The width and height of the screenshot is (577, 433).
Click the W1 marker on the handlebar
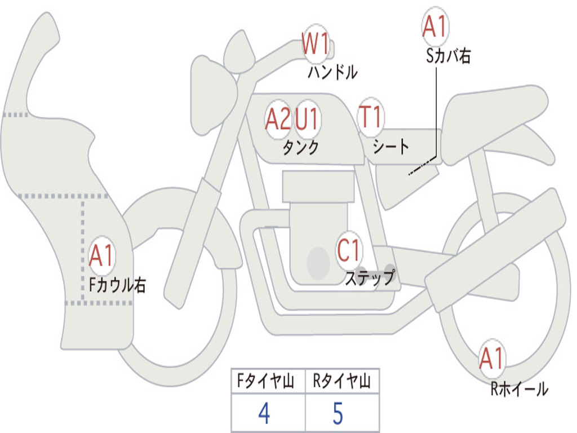(x=316, y=44)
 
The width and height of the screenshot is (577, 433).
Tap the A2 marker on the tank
(x=278, y=120)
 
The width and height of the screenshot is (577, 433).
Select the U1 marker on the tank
(x=307, y=119)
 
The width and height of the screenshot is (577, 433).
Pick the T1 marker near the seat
(x=371, y=117)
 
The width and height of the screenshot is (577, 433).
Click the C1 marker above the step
(x=349, y=250)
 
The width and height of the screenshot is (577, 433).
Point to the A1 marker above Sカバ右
(x=436, y=26)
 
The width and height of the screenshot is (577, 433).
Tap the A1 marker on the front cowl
(x=101, y=255)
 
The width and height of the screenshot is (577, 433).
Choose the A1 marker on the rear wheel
(x=492, y=359)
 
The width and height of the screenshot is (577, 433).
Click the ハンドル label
(x=332, y=72)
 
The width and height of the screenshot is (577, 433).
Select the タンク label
(x=300, y=147)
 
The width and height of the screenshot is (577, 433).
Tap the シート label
(x=391, y=147)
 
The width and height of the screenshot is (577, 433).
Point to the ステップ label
(x=370, y=277)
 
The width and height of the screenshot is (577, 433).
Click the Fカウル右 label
(x=117, y=285)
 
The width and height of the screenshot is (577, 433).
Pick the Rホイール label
(x=519, y=389)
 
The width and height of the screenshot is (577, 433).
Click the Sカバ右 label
(x=448, y=56)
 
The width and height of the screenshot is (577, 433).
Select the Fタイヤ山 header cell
(x=268, y=381)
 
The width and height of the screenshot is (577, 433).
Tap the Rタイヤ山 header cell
(x=343, y=381)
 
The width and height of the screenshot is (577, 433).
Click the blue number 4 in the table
(x=264, y=413)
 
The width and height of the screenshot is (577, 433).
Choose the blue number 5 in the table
(x=338, y=413)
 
